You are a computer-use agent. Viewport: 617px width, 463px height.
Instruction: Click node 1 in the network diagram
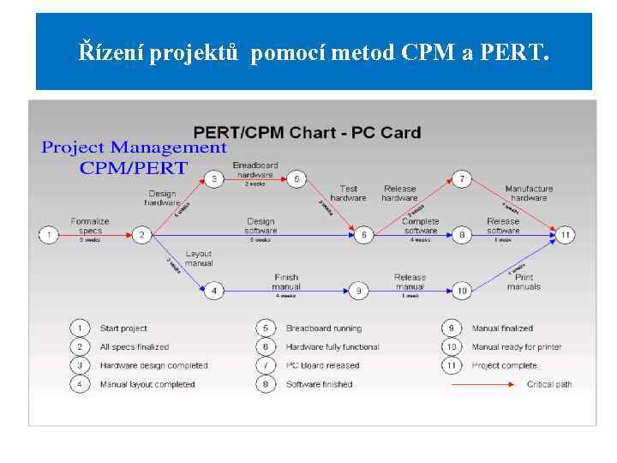tap(49, 234)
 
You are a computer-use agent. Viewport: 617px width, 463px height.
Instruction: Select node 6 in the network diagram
tap(364, 234)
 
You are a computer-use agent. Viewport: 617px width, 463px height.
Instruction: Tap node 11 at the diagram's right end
tap(566, 234)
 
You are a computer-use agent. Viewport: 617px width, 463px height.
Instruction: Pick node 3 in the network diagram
tap(214, 179)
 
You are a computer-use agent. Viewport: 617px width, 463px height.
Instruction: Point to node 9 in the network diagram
tap(359, 291)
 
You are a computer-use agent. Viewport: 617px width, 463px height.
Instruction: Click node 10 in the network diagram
tap(462, 291)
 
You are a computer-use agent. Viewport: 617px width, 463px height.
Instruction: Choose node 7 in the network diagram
tap(462, 179)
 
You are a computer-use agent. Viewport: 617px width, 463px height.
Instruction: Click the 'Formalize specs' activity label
tap(90, 225)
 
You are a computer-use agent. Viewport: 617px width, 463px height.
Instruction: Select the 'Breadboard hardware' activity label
tap(255, 170)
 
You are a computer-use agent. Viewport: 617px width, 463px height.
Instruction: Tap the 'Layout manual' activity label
tap(199, 258)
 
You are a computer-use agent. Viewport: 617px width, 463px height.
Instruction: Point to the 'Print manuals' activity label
tap(524, 282)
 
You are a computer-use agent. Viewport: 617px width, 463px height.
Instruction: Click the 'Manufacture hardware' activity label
tap(529, 193)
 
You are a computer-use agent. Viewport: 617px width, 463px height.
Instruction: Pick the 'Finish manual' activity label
tap(286, 282)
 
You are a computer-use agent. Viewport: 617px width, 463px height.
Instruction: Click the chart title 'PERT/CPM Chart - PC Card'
tap(307, 133)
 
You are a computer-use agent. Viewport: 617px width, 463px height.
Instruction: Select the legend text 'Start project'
tap(123, 328)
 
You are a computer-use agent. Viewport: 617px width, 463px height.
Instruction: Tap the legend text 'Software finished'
tap(319, 384)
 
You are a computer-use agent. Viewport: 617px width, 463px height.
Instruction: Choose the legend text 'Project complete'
tap(504, 365)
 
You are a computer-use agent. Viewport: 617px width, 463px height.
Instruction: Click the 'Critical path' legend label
tap(549, 384)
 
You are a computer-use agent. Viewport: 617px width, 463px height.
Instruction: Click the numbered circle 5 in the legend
tap(266, 328)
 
